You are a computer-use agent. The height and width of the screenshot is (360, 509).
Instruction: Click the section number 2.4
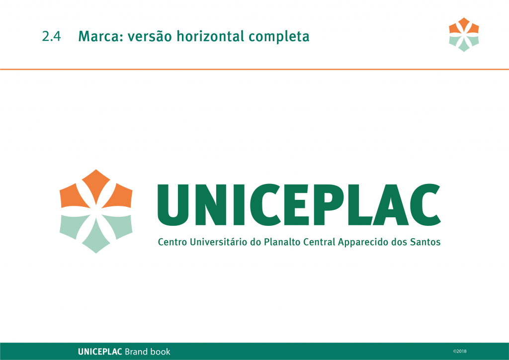(x=51, y=36)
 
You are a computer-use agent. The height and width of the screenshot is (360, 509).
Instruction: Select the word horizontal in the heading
(x=210, y=36)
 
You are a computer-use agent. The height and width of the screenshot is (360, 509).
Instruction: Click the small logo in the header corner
(x=464, y=35)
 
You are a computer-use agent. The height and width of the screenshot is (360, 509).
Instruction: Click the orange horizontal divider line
(x=254, y=69)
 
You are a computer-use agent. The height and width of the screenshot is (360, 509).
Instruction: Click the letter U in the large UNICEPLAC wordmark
(x=173, y=205)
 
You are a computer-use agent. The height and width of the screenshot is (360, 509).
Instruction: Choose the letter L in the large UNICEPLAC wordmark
(x=359, y=204)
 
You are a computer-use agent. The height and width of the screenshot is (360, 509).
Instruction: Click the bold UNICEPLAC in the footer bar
(x=100, y=352)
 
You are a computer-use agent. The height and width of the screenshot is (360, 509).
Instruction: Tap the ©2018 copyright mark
(x=460, y=351)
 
